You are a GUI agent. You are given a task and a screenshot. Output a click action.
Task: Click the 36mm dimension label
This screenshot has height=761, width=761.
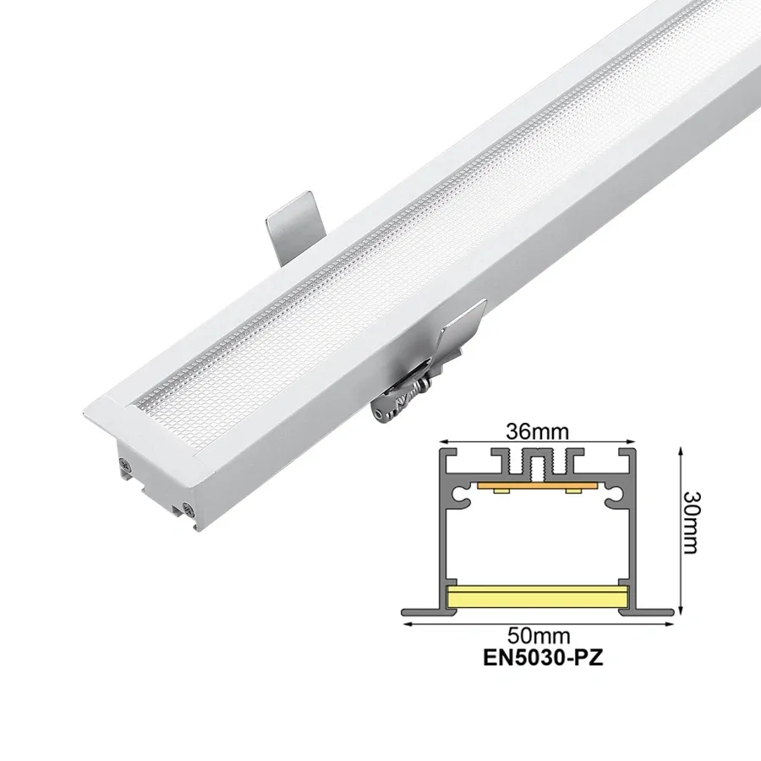pyautogui.click(x=537, y=430)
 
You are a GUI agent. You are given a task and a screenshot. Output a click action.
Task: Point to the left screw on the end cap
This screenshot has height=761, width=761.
pyautogui.click(x=126, y=463)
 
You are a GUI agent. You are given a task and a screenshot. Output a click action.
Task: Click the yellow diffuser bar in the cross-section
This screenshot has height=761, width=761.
pyautogui.click(x=537, y=595)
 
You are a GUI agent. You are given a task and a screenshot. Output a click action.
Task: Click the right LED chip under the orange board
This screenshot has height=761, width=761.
pyautogui.click(x=575, y=491)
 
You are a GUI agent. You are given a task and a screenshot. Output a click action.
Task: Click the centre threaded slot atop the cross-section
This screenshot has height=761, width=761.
pyautogui.click(x=537, y=463)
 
